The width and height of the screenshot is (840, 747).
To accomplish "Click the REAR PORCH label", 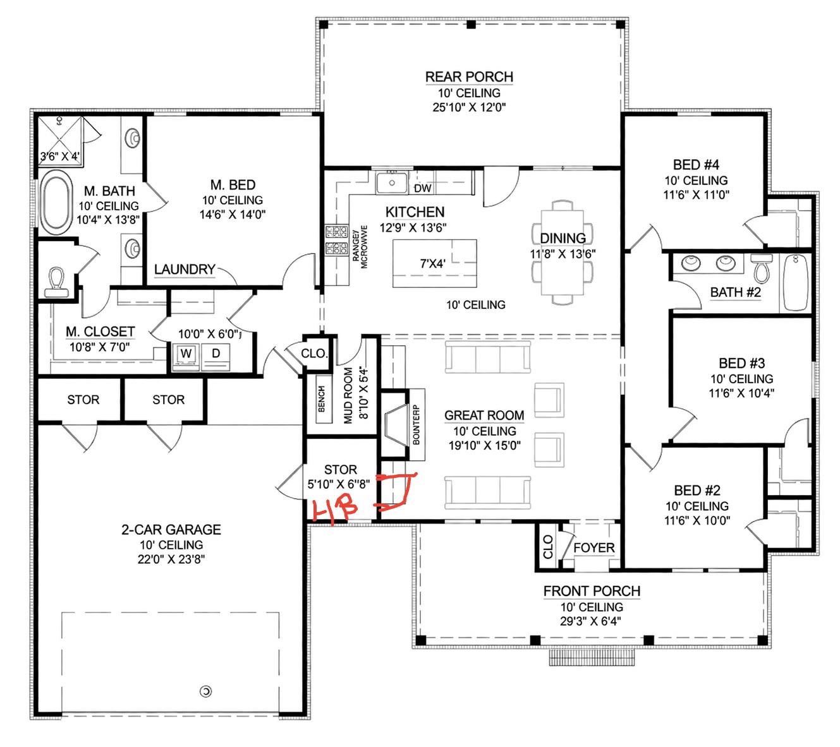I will [x=469, y=77].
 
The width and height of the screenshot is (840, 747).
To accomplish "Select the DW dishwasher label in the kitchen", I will [x=422, y=188].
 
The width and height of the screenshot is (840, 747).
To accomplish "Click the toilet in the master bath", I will [x=58, y=281].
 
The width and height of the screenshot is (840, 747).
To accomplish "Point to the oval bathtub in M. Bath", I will [x=57, y=203].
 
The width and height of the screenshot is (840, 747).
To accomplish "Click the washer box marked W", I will [x=186, y=354].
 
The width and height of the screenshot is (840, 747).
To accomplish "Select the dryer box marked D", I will [x=216, y=354].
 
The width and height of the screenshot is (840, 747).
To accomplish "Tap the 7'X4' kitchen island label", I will [x=433, y=264].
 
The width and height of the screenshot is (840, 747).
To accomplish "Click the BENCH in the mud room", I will [x=322, y=399].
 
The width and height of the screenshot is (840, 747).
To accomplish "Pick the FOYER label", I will [x=593, y=547].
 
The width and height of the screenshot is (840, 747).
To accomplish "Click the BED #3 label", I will [x=741, y=363].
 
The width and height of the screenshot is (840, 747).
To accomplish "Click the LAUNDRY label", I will [x=185, y=270].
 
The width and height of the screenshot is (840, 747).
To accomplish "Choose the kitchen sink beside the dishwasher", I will [x=392, y=184].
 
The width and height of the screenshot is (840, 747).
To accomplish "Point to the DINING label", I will [x=563, y=238].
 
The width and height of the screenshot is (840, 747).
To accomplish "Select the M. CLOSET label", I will [x=100, y=332].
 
